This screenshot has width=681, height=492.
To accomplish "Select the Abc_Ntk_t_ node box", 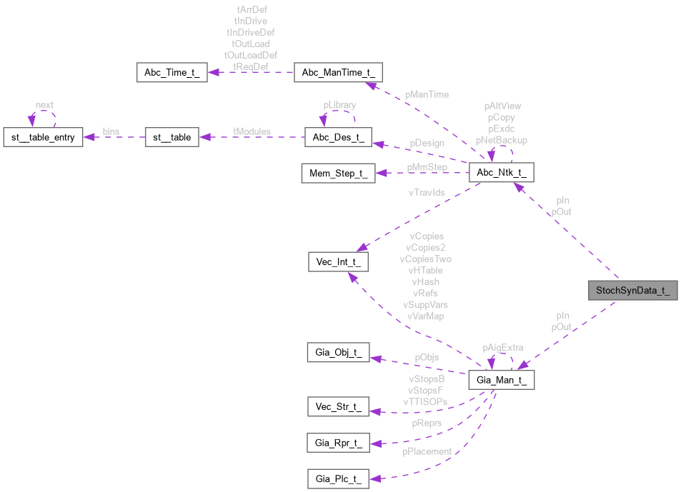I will click(x=500, y=172).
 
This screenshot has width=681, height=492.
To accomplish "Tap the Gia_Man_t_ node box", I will click(x=501, y=380).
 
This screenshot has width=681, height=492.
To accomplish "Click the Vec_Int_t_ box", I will click(x=337, y=261).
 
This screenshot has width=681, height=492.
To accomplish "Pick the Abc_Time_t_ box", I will click(x=172, y=73).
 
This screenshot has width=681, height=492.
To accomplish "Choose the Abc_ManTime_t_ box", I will click(x=339, y=73).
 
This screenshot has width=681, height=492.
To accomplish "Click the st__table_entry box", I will click(x=43, y=137).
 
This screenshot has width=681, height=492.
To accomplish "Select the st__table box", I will click(x=172, y=137).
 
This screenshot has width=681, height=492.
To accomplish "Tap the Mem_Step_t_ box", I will click(x=337, y=174).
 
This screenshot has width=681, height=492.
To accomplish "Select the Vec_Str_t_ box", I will click(x=337, y=407).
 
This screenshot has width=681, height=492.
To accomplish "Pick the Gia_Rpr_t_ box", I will click(x=337, y=443).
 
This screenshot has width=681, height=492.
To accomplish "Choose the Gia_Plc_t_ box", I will click(x=337, y=478).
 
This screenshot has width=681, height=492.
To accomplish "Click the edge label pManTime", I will click(x=427, y=94).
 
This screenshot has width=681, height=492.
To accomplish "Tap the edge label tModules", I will click(x=252, y=131).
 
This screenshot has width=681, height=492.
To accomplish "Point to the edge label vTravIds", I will click(x=427, y=192).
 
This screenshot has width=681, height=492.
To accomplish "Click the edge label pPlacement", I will click(x=427, y=451).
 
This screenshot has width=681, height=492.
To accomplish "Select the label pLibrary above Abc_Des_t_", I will click(x=339, y=105).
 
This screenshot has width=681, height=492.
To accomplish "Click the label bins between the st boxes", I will click(x=111, y=131).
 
